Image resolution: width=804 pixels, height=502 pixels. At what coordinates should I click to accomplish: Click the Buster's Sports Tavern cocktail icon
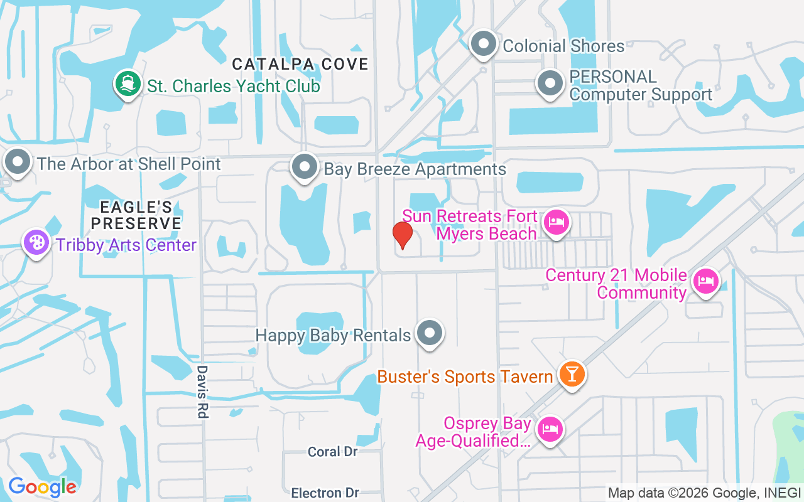572,375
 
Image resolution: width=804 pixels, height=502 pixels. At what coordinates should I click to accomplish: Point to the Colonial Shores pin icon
484,45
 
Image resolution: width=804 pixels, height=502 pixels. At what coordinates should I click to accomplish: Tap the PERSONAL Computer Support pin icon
551,83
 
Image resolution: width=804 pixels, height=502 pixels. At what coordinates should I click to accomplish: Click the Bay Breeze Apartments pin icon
305,168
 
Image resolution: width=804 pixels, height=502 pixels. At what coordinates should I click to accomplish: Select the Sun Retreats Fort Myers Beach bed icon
556,222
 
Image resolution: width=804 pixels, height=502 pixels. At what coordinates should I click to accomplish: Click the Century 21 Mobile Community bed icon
705,281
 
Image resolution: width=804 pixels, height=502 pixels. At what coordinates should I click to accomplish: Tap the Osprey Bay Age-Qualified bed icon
550,429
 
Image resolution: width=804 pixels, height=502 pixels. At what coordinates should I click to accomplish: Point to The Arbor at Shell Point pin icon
18,163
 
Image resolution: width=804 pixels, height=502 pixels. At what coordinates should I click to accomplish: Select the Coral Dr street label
333,452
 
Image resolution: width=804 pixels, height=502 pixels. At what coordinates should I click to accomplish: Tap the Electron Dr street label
325,493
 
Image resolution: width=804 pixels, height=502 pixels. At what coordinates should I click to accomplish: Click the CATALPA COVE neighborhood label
300,64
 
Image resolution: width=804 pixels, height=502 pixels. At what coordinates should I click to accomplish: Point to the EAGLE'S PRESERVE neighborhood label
136,215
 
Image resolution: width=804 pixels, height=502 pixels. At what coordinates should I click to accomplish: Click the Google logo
42,487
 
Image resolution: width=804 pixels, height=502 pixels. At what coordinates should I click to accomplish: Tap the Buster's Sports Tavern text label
465,376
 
